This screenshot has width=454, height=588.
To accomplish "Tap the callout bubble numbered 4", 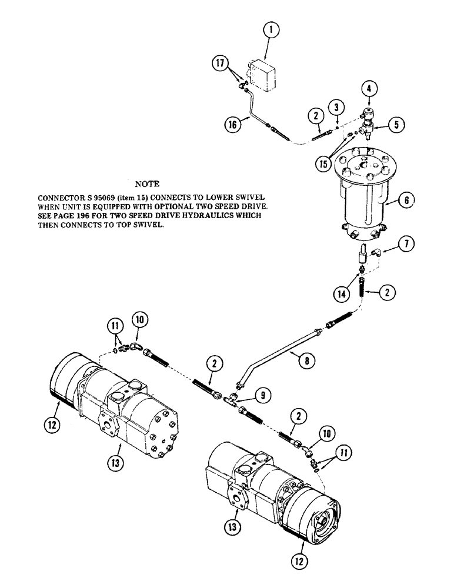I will (369, 90).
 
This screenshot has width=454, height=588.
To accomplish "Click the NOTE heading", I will (147, 184).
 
